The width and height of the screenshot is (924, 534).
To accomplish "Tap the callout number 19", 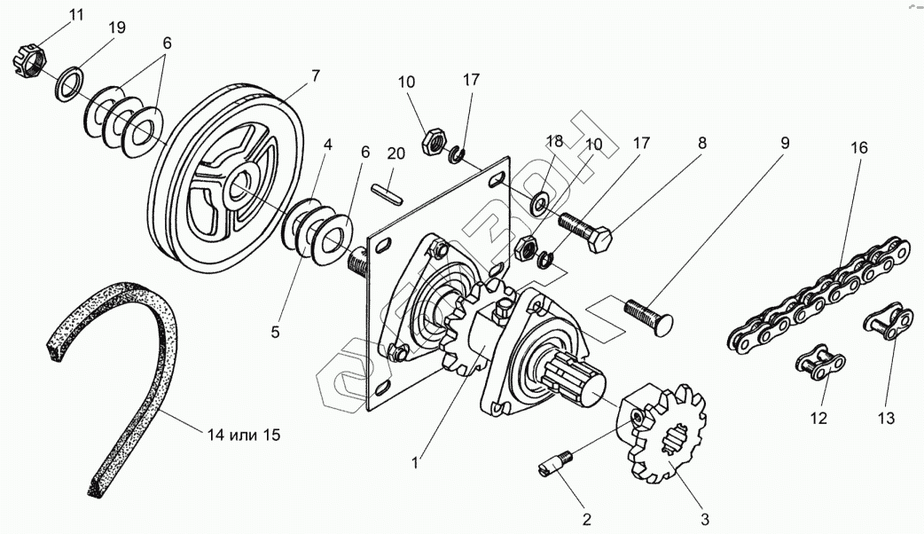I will [117, 27].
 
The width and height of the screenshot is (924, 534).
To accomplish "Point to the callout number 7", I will [315, 77].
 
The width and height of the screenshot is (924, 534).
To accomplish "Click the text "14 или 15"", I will [244, 435].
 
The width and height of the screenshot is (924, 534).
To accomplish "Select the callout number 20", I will [395, 153].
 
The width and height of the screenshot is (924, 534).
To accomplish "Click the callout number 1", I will [418, 460].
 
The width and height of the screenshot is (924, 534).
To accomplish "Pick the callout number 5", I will [275, 333].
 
